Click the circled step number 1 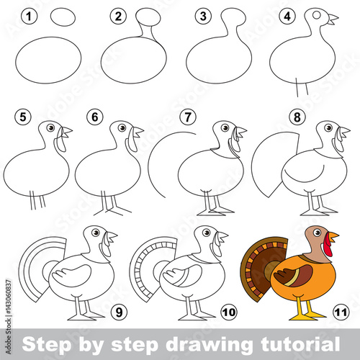tap(29, 17)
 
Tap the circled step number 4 tap(287, 17)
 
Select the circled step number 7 tap(188, 117)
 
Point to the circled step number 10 tap(229, 312)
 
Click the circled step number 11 tap(341, 312)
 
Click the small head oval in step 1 tap(63, 17)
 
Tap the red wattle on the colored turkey tap(328, 245)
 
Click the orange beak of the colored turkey tap(333, 237)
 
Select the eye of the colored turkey tap(318, 233)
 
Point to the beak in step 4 tap(333, 19)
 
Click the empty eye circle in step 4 tap(317, 15)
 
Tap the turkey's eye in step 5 tap(51, 127)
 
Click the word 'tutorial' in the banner tap(300, 344)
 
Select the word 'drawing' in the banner tap(209, 345)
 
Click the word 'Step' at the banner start tap(47, 345)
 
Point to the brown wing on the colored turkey tap(293, 275)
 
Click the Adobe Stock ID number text tap(9, 297)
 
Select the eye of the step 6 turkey tap(122, 127)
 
